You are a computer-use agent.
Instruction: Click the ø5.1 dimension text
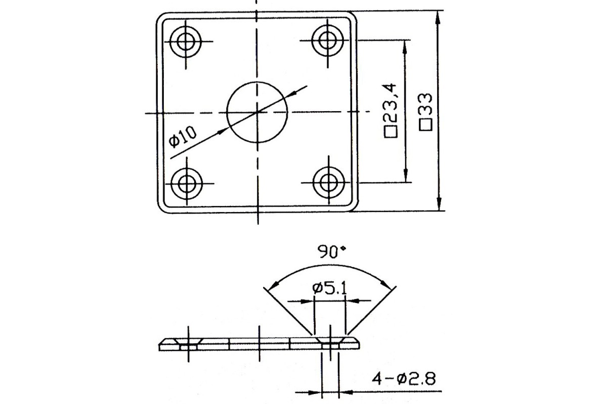click(329, 289)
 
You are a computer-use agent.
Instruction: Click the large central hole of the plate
click(257, 112)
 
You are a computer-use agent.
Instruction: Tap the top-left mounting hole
click(186, 41)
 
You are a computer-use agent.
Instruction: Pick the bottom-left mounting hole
click(186, 181)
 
